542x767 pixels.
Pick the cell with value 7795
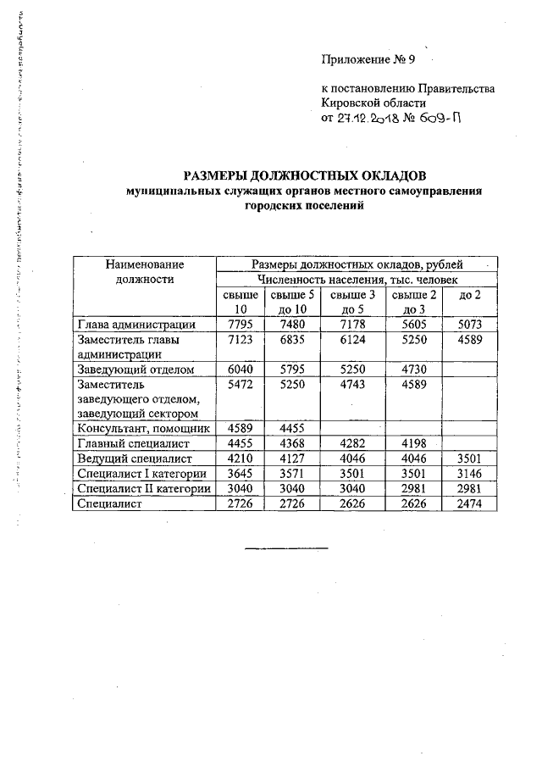click(242, 324)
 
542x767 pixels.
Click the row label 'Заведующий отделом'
click(135, 370)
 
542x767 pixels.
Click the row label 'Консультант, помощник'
click(141, 428)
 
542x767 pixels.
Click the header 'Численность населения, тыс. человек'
click(357, 279)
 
